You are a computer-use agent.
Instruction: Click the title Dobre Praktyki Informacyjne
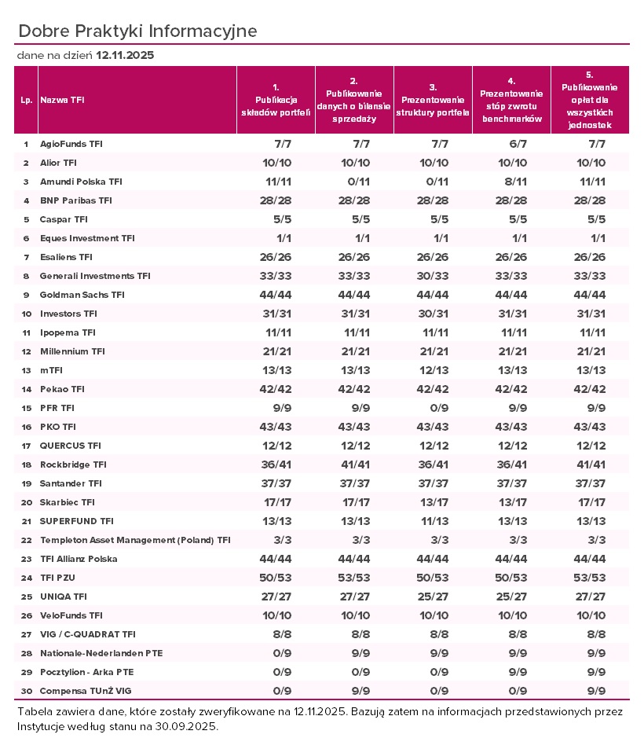[x=137, y=31]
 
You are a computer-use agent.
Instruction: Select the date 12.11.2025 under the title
[x=125, y=56]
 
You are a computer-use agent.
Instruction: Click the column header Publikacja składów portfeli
[x=276, y=100]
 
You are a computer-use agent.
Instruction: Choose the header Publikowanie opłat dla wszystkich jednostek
[x=590, y=100]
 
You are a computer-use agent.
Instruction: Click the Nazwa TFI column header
[x=63, y=100]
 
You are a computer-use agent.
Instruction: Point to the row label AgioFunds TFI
[x=71, y=144]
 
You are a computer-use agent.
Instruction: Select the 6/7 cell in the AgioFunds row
[x=511, y=144]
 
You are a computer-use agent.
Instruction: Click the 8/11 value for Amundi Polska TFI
[x=511, y=182]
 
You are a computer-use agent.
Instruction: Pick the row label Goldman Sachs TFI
[x=82, y=295]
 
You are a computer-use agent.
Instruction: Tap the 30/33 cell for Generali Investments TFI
[x=433, y=276]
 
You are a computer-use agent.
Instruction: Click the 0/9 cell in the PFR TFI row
[x=433, y=408]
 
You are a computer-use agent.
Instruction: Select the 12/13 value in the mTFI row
[x=433, y=370]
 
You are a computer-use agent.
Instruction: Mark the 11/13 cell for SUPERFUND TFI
[x=433, y=521]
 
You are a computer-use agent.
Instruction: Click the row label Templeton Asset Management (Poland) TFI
[x=135, y=540]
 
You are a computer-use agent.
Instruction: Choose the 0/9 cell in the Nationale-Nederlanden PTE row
[x=276, y=653]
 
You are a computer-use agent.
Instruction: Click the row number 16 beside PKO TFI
[x=25, y=427]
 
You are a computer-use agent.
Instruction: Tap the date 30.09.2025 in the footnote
[x=188, y=727]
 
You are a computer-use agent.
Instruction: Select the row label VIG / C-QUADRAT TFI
[x=88, y=634]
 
